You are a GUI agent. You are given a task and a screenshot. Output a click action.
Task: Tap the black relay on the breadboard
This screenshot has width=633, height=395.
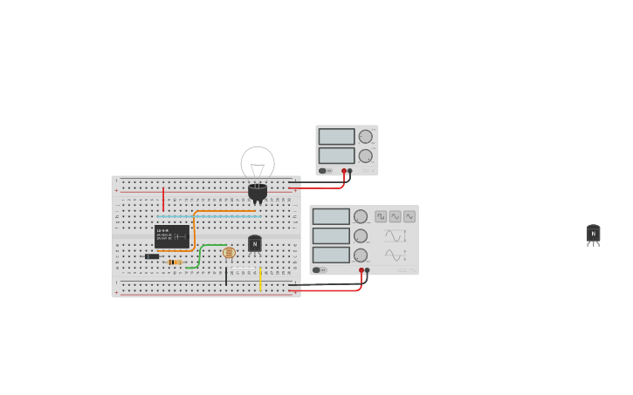(172, 236)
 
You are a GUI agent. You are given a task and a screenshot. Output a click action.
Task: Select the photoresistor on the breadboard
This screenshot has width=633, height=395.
(229, 253)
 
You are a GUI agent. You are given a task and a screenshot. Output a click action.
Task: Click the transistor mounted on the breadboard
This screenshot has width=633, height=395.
(254, 244)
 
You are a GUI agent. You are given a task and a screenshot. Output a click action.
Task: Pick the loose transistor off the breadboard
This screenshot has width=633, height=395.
(593, 234)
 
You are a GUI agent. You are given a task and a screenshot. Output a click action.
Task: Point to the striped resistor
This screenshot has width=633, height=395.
(175, 262)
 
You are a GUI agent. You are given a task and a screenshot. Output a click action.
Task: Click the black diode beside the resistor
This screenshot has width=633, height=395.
(152, 256)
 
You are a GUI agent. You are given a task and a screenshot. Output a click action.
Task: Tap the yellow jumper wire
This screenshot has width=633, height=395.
(259, 279)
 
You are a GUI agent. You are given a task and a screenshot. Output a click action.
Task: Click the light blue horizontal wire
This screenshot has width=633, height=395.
(210, 216)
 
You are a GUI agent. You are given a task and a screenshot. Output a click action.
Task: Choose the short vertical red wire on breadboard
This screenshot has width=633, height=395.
(162, 199)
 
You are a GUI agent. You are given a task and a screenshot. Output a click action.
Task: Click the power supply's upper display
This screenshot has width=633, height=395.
(336, 137)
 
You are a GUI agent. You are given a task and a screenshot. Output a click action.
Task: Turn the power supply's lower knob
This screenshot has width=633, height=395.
(365, 156)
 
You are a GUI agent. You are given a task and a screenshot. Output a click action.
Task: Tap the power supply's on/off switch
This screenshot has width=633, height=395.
(322, 171)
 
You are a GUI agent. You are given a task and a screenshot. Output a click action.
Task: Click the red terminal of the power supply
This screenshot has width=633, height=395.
(344, 171)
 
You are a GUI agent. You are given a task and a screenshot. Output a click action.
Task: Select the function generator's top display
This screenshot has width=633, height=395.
(331, 216)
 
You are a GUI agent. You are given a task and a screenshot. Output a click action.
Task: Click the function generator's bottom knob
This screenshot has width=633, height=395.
(361, 255)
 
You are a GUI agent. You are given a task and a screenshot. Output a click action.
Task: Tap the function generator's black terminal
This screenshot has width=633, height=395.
(367, 270)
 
